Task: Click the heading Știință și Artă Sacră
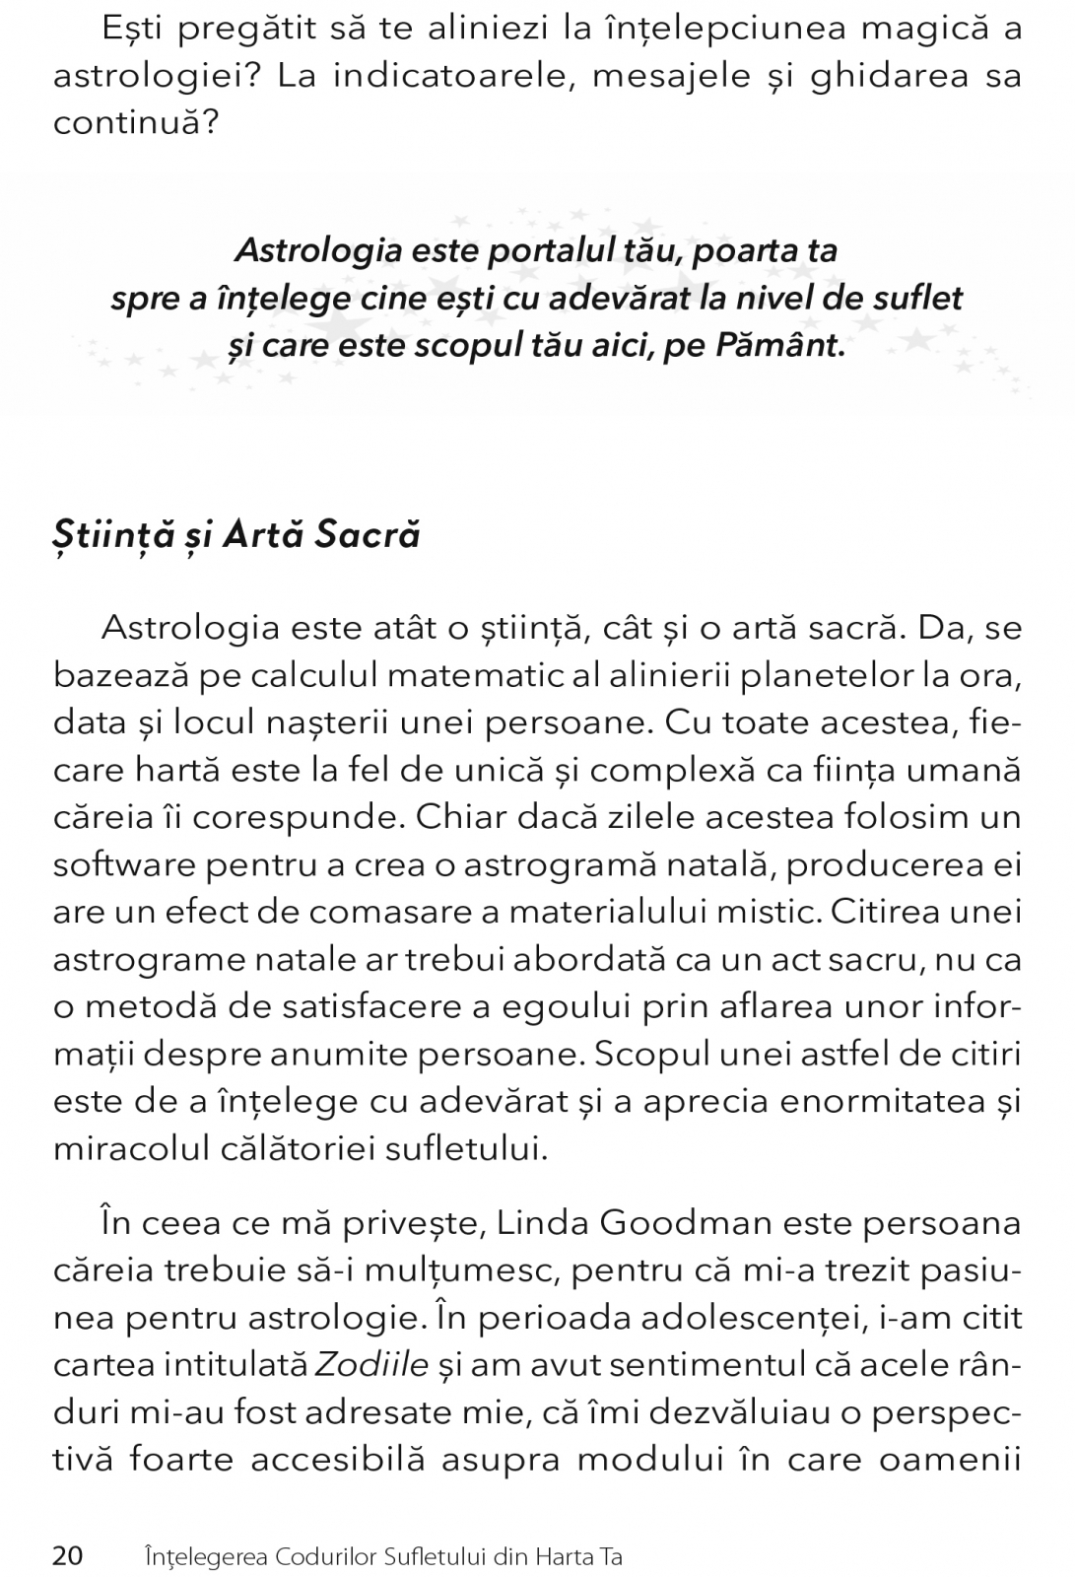(236, 534)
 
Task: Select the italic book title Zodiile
(371, 1365)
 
